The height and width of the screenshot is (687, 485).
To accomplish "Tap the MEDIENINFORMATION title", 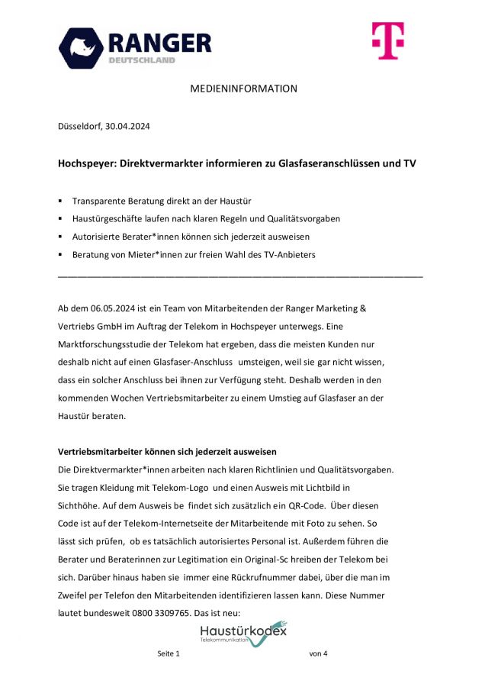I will click(x=243, y=89).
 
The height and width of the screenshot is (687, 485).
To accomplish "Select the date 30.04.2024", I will click(x=127, y=127).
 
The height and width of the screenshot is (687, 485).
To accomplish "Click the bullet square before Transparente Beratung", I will click(x=60, y=201).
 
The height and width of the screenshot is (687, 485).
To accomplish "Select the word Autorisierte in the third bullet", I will click(x=98, y=237).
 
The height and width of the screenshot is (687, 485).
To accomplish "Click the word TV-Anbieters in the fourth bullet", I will click(x=288, y=255).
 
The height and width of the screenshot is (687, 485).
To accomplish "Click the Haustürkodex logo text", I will click(x=242, y=631).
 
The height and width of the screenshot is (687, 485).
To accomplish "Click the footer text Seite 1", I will click(x=169, y=654).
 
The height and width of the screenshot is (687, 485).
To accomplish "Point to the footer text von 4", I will click(x=318, y=654).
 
